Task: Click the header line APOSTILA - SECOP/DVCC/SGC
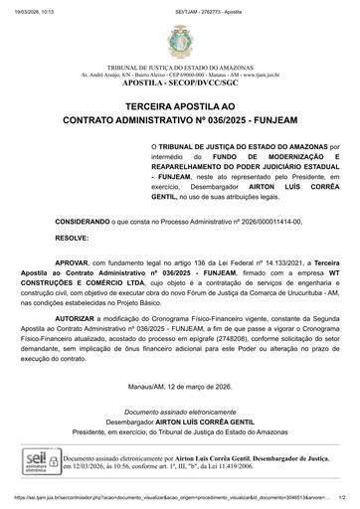point(180,84)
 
